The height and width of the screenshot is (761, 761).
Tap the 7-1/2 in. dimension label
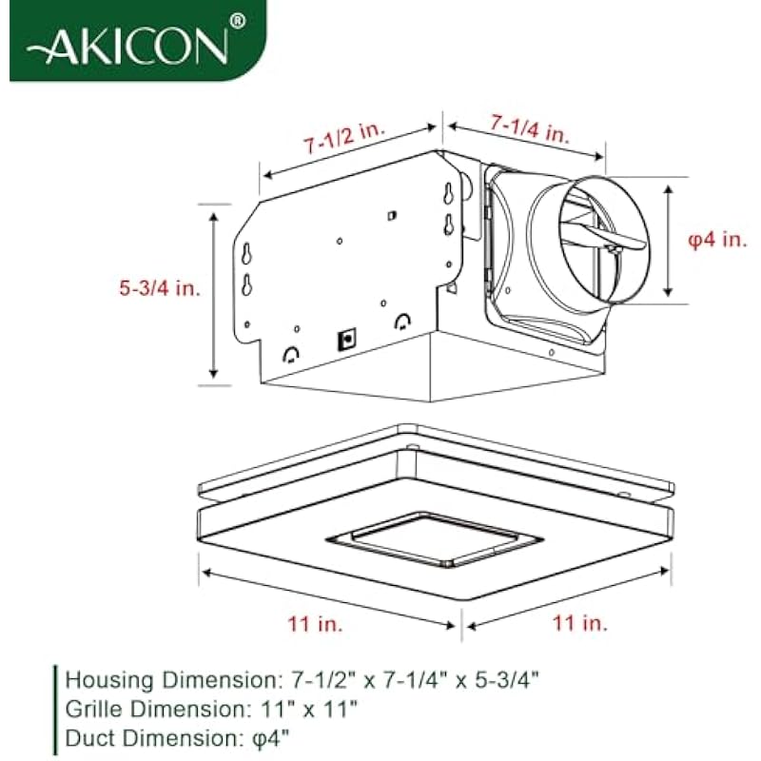(x=344, y=137)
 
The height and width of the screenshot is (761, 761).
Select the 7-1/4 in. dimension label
(x=529, y=128)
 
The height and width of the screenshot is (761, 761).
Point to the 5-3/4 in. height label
(x=160, y=288)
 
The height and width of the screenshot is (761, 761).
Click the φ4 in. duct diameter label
(x=718, y=240)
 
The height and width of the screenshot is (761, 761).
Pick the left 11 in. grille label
(x=316, y=624)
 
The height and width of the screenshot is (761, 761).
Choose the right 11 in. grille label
(x=580, y=623)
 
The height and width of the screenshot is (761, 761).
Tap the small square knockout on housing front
(x=347, y=340)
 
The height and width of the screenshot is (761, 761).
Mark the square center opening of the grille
(x=435, y=539)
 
